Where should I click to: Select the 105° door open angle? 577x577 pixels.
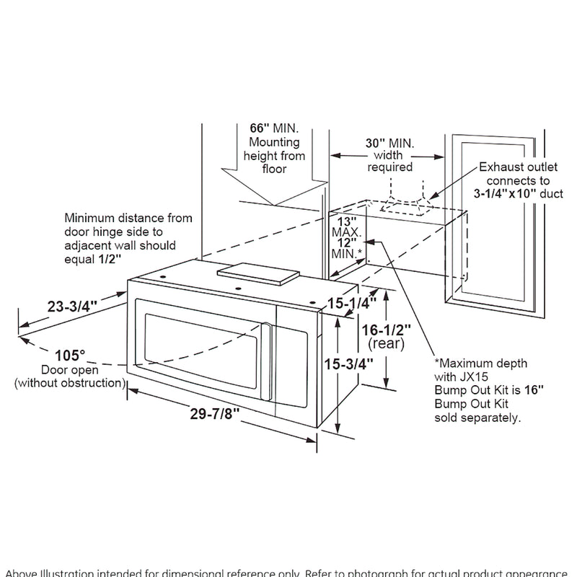70,355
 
